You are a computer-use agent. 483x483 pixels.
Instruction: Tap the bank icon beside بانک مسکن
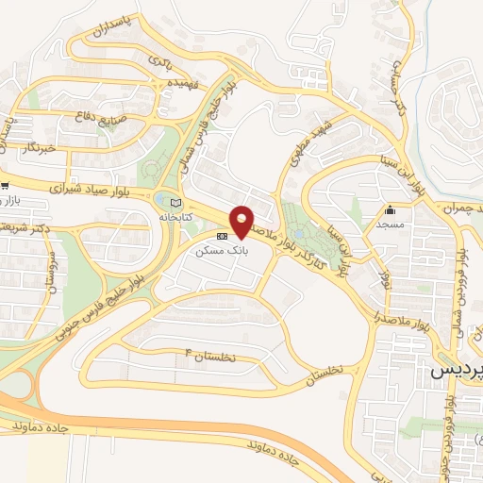click(x=222, y=236)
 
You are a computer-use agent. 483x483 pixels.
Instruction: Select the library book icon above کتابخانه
click(x=173, y=202)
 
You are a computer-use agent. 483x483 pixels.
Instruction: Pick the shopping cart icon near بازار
click(x=5, y=186)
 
